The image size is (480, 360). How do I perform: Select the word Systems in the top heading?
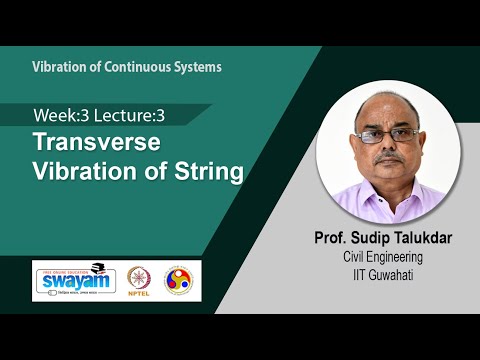pyautogui.click(x=195, y=67)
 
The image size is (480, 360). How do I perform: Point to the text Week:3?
pyautogui.click(x=62, y=115)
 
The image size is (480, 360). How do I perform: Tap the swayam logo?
pyautogui.click(x=75, y=279)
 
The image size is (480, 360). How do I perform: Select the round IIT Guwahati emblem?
pyautogui.click(x=180, y=279)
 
